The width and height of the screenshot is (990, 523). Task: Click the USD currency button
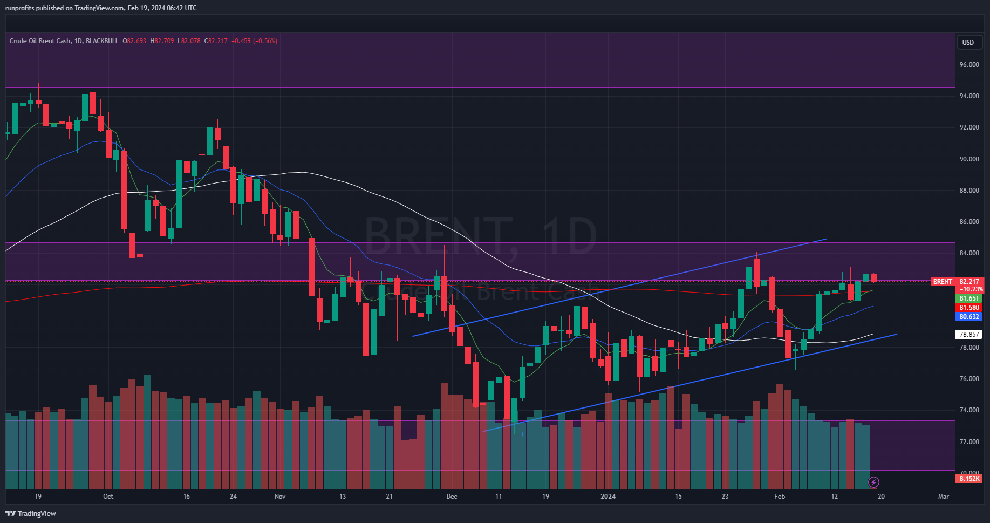click(968, 43)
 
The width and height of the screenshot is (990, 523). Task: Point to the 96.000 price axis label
click(969, 65)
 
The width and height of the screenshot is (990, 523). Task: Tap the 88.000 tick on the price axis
click(969, 191)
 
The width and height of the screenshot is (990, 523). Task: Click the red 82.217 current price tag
click(969, 282)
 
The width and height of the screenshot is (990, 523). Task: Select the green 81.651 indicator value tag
click(969, 298)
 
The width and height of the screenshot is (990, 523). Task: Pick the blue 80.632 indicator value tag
click(969, 317)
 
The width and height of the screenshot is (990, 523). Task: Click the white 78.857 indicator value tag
click(969, 335)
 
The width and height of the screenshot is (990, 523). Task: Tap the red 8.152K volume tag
click(969, 479)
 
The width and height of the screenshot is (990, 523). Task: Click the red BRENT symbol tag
click(943, 282)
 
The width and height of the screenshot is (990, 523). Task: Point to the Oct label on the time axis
click(108, 497)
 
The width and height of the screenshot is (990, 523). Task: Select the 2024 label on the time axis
click(608, 497)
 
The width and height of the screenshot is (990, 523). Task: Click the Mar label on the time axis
click(943, 497)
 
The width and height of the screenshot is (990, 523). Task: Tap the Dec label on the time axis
click(452, 497)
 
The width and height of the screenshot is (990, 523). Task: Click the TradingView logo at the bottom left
click(31, 513)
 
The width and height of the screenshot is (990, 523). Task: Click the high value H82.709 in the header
click(162, 41)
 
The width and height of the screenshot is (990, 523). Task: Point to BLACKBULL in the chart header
click(102, 41)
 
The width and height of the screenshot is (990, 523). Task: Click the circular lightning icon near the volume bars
click(873, 482)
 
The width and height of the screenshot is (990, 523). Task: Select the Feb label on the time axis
click(779, 497)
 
